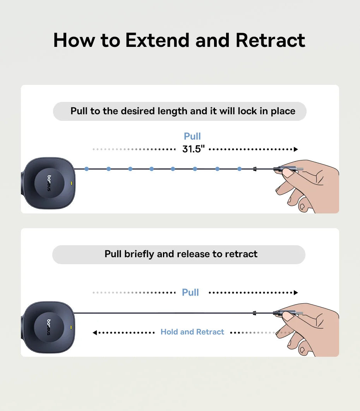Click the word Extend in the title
[157, 40]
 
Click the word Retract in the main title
[271, 40]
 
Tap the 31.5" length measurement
[194, 149]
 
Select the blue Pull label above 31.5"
[192, 136]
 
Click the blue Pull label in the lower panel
[190, 292]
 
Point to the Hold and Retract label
[192, 332]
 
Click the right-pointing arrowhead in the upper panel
[296, 150]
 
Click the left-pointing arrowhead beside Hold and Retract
[95, 333]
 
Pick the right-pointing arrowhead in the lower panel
[296, 292]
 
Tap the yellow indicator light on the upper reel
[72, 183]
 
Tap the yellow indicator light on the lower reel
[71, 327]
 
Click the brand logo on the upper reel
[49, 183]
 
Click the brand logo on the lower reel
[49, 327]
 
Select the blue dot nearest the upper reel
[87, 169]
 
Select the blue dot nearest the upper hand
[240, 169]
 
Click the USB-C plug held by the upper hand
[288, 169]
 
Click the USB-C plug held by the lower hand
[288, 313]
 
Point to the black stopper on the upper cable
[255, 169]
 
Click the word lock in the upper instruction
[247, 111]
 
